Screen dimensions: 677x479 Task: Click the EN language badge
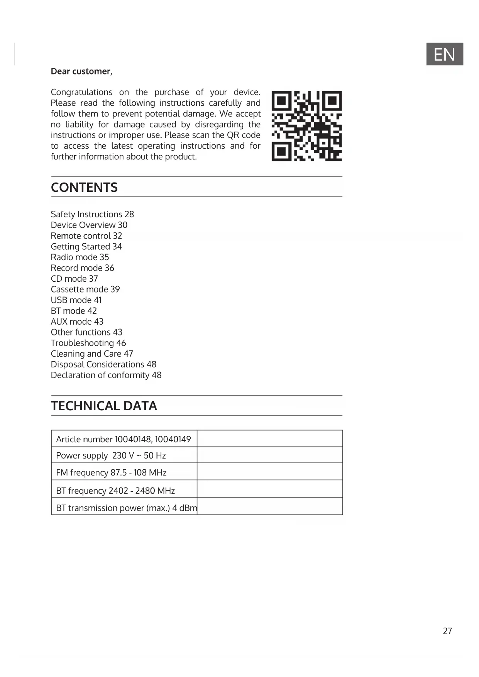click(444, 54)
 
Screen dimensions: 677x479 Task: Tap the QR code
click(306, 126)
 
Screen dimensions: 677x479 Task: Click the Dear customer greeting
click(81, 71)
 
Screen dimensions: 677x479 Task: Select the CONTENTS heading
click(84, 187)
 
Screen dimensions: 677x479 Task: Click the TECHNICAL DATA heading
click(104, 406)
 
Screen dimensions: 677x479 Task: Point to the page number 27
click(447, 631)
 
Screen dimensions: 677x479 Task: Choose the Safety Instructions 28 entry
click(92, 214)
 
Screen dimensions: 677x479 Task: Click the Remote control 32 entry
click(86, 236)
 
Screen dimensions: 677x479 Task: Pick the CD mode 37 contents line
click(74, 279)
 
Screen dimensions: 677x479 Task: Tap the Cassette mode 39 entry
click(85, 289)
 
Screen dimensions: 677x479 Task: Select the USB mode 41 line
click(76, 300)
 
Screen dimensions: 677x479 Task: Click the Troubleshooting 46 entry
click(88, 343)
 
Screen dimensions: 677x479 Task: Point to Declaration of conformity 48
click(106, 375)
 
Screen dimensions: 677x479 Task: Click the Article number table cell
click(124, 439)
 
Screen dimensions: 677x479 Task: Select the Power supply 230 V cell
click(111, 455)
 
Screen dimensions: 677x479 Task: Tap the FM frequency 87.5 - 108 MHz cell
click(111, 472)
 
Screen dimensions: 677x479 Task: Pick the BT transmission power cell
click(126, 508)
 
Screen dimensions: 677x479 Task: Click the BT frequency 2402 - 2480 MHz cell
click(115, 491)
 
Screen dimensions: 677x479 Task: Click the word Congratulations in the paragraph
click(81, 92)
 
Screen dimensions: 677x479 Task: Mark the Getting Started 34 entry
click(86, 247)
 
